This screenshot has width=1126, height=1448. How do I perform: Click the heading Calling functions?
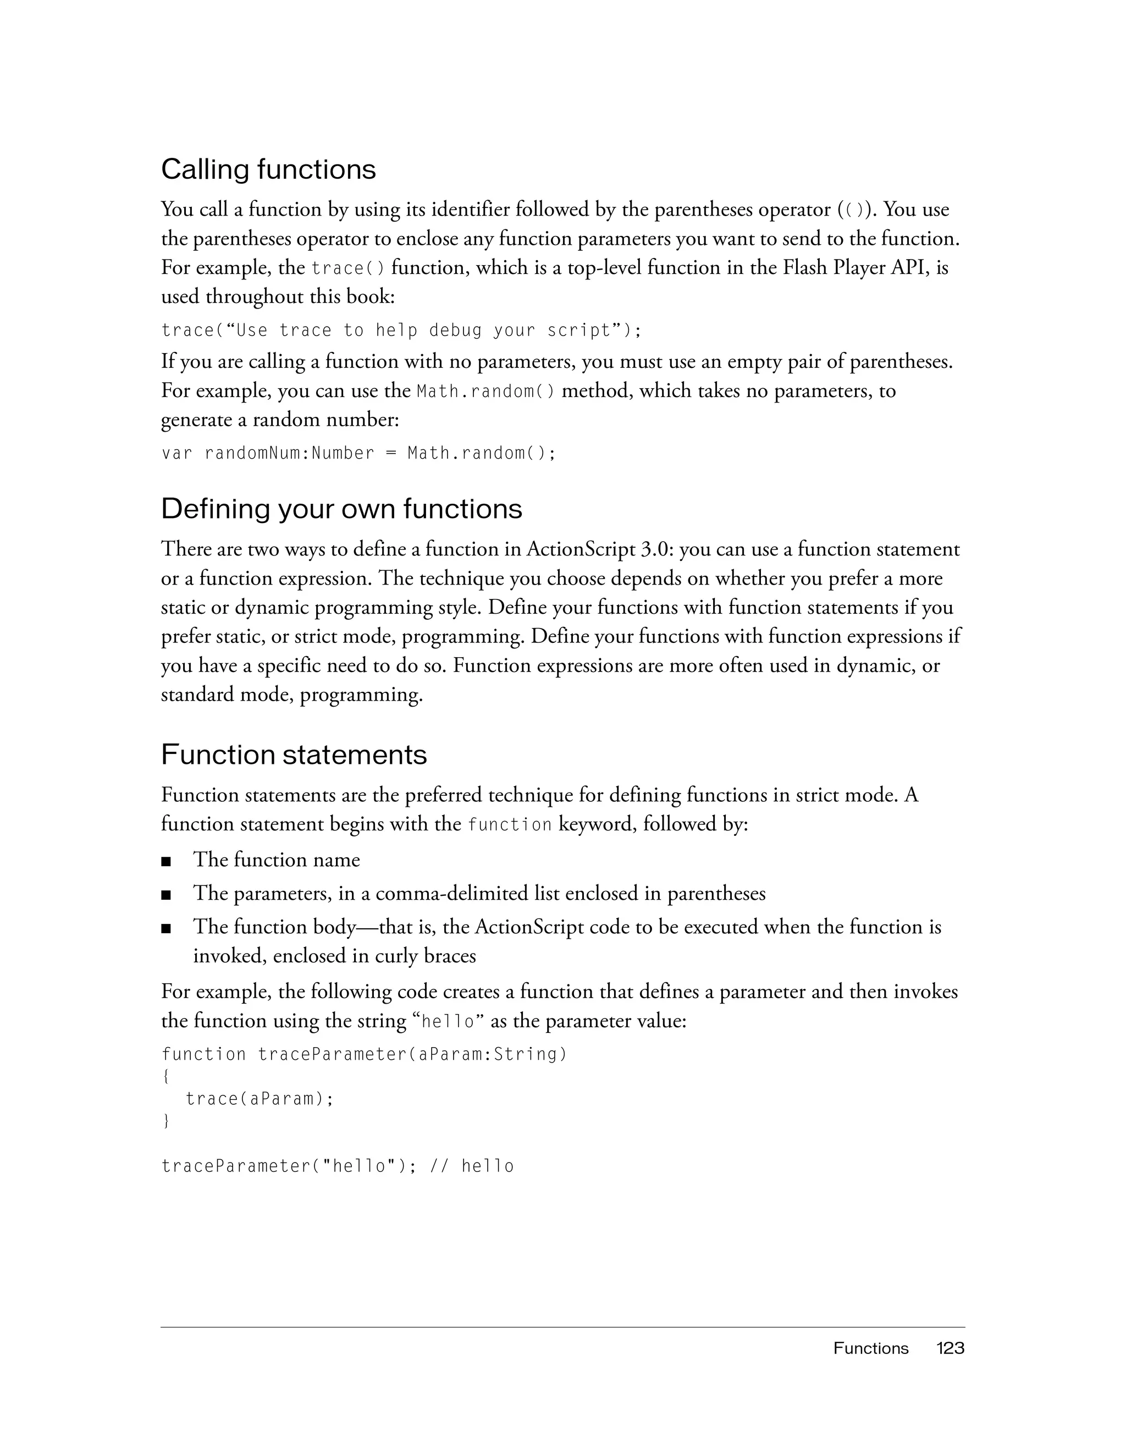pos(268,170)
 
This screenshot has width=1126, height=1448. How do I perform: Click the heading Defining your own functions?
pos(341,509)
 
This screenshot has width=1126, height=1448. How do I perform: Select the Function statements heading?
pos(294,755)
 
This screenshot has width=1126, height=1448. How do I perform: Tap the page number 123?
pos(950,1348)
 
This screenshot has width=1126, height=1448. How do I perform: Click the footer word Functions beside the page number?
pos(870,1348)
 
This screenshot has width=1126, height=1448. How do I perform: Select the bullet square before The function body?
pos(165,929)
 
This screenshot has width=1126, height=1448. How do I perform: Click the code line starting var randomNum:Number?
pos(358,454)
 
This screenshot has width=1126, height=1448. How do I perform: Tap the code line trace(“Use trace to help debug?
pos(401,330)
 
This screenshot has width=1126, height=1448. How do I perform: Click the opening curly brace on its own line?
pos(165,1077)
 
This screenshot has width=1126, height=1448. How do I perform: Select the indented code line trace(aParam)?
pos(259,1099)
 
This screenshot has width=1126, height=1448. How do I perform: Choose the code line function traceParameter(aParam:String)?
pos(365,1054)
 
